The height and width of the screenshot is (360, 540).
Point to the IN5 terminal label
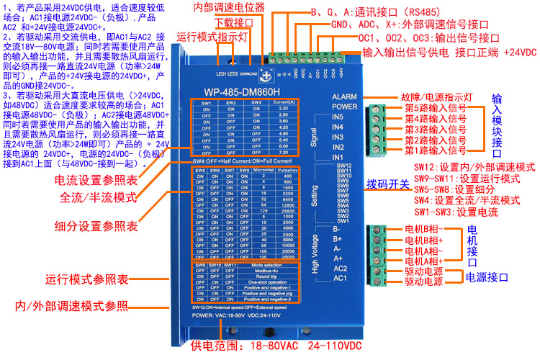point(338,117)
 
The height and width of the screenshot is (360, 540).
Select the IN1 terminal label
point(338,157)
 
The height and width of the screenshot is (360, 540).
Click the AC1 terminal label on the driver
point(341,278)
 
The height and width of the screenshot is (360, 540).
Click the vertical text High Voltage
point(314,252)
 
